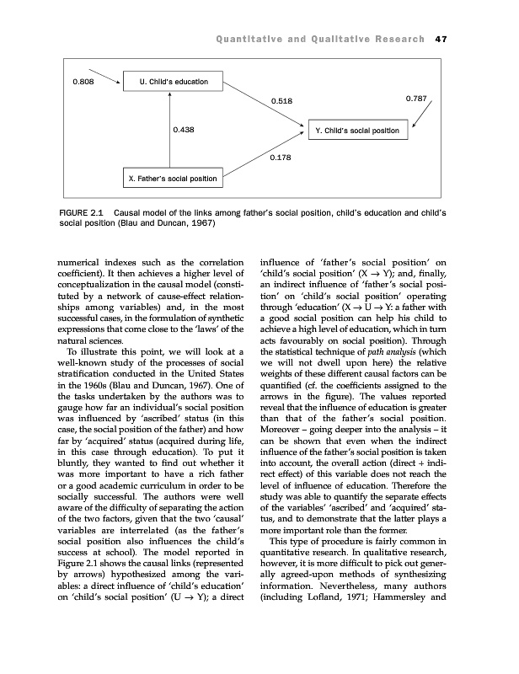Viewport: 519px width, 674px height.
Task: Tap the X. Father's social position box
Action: pyautogui.click(x=170, y=178)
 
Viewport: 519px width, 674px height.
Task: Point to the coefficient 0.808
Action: pyautogui.click(x=83, y=82)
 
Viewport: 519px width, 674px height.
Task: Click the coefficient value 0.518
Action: pyautogui.click(x=281, y=101)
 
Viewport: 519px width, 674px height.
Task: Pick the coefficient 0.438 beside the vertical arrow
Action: pyautogui.click(x=184, y=130)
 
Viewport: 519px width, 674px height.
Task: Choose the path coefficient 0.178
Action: pyautogui.click(x=281, y=158)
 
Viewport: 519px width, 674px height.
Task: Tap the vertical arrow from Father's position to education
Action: pyautogui.click(x=170, y=131)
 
